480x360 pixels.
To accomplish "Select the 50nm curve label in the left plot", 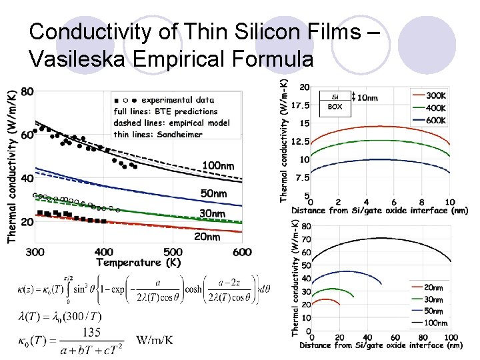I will pos(214,193).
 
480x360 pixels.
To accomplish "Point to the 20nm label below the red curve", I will pos(207,237).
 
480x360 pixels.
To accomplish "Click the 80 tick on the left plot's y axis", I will pos(27,91).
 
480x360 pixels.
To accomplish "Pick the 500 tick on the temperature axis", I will pos(173,252).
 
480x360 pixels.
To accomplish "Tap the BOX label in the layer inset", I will pos(335,106).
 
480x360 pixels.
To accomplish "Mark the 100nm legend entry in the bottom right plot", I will pos(436,323).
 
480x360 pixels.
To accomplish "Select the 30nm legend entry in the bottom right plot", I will pos(433,299).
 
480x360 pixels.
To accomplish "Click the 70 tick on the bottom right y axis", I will pos(305,239).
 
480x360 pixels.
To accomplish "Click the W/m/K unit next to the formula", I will pos(155,340).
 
